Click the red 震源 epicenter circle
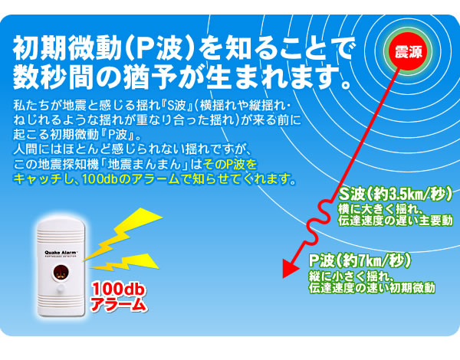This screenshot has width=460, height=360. (x=408, y=51)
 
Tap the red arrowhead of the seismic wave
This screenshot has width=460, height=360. (x=290, y=268)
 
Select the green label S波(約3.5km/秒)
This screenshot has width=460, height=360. (x=395, y=195)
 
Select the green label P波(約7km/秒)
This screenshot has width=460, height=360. (x=360, y=260)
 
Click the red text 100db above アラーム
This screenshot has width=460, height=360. (x=118, y=290)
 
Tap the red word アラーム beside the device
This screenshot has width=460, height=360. (x=119, y=305)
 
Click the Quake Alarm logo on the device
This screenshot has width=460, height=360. (x=61, y=253)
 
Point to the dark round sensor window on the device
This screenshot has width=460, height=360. (x=61, y=273)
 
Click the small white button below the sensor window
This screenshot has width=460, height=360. (x=61, y=289)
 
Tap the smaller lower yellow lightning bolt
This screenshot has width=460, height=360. (x=124, y=262)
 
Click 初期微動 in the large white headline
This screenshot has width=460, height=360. (x=67, y=48)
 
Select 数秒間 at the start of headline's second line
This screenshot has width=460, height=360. (x=54, y=77)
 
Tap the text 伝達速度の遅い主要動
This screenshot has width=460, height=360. (x=395, y=221)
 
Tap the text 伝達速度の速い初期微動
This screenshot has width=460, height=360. (x=372, y=287)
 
